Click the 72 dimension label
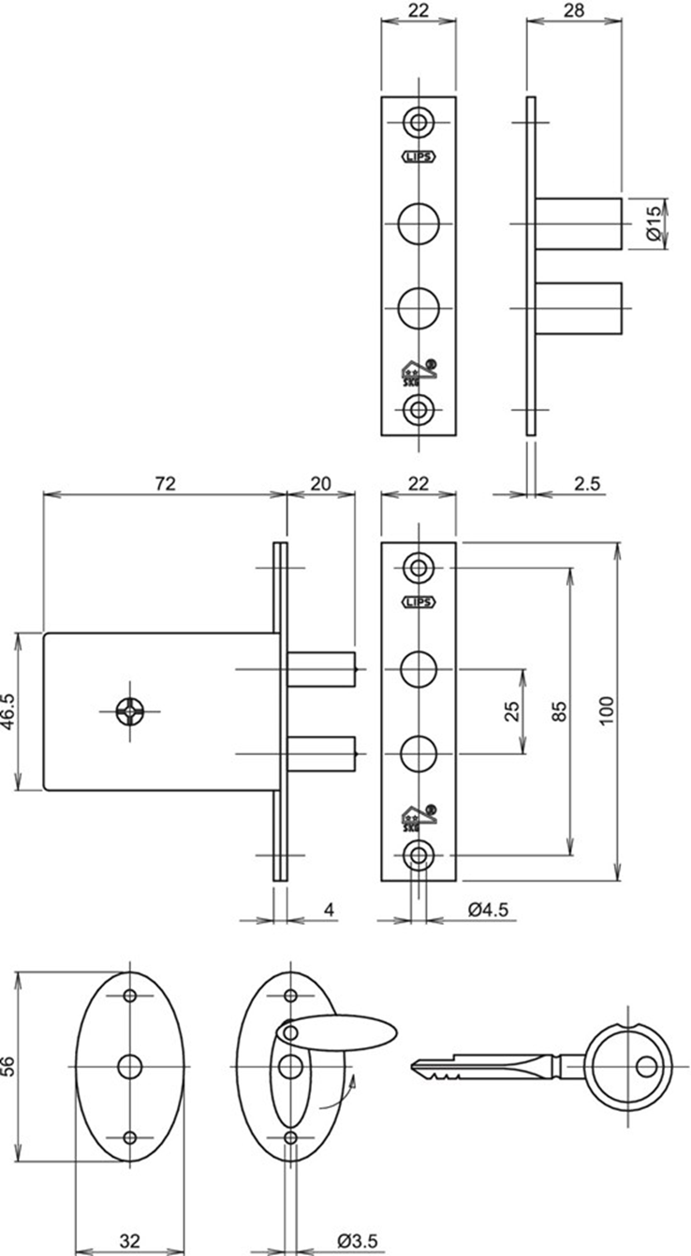164,483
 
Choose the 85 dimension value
560,711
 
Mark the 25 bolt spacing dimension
511,711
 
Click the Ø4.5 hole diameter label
488,909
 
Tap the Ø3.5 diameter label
358,1241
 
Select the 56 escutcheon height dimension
9,1067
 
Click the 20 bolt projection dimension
320,483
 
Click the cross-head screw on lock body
128,711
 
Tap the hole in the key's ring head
645,1066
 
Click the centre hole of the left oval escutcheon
129,1066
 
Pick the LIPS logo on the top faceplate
419,157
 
